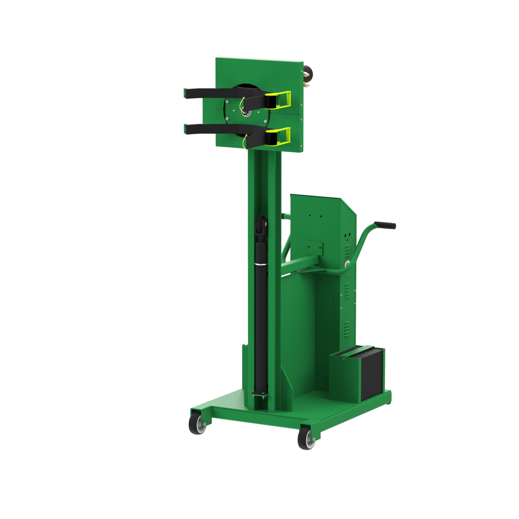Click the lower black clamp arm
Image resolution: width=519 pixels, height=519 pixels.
pyautogui.click(x=212, y=129)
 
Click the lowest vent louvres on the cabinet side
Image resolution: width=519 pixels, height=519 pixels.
pyautogui.click(x=347, y=329)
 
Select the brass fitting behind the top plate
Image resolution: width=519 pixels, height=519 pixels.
pyautogui.click(x=306, y=85)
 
